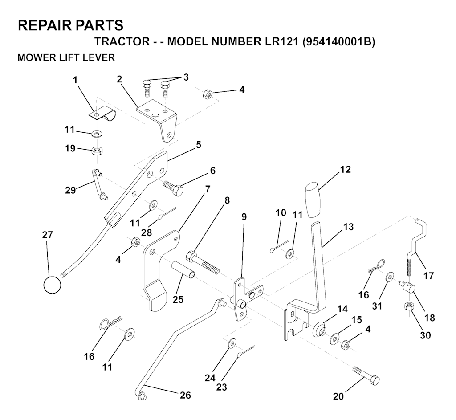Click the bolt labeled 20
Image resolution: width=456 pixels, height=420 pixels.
pyautogui.click(x=366, y=375)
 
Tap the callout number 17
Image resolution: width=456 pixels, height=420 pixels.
pyautogui.click(x=428, y=276)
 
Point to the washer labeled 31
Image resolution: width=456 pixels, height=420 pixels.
pyautogui.click(x=390, y=277)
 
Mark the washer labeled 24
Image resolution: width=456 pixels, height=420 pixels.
pyautogui.click(x=231, y=344)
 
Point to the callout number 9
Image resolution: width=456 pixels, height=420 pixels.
pyautogui.click(x=244, y=217)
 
